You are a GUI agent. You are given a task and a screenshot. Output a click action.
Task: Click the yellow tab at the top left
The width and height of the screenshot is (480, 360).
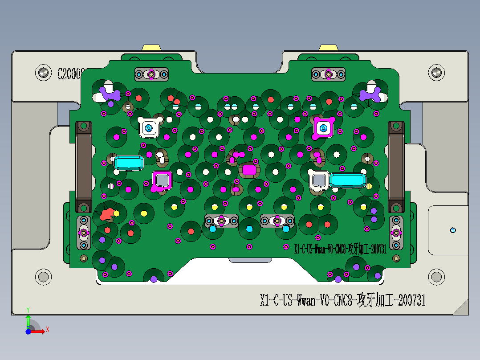click(x=151, y=47)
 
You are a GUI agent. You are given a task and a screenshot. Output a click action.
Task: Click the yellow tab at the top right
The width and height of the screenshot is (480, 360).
click(x=329, y=47)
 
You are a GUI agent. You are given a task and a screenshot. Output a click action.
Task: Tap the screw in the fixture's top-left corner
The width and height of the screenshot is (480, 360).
click(x=44, y=72)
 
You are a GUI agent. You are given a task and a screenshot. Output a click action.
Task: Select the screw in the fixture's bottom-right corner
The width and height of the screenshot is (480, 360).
click(x=436, y=277)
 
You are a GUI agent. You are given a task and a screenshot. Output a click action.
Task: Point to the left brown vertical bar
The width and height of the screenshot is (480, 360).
click(x=84, y=167)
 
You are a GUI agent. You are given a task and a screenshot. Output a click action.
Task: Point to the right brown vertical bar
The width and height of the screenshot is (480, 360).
click(x=396, y=167)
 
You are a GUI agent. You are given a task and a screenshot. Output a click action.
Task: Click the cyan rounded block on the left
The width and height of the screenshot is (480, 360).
click(x=129, y=163)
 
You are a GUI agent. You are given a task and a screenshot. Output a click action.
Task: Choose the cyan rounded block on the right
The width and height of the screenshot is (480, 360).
click(x=348, y=180)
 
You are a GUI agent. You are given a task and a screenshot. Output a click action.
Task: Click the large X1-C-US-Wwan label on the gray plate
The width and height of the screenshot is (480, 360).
click(x=342, y=300)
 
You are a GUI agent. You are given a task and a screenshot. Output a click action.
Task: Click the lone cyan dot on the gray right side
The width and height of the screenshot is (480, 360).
click(x=453, y=230)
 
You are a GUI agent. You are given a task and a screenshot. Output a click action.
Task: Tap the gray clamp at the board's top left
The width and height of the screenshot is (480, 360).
click(x=151, y=74)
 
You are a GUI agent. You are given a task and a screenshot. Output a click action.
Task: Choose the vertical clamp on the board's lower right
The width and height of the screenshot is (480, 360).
click(x=395, y=233)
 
